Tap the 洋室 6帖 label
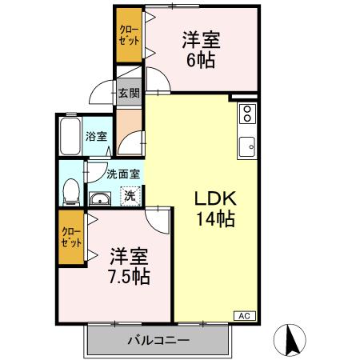click(201, 50)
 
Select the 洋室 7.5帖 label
click(129, 266)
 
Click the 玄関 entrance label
click(128, 93)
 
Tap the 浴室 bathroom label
click(96, 136)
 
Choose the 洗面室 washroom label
click(123, 173)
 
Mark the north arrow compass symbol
click(290, 339)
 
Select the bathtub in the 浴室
click(69, 137)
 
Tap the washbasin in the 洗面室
click(101, 199)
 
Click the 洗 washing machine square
click(129, 194)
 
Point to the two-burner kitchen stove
click(246, 113)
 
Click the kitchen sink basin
click(247, 146)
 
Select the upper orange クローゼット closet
click(128, 37)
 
